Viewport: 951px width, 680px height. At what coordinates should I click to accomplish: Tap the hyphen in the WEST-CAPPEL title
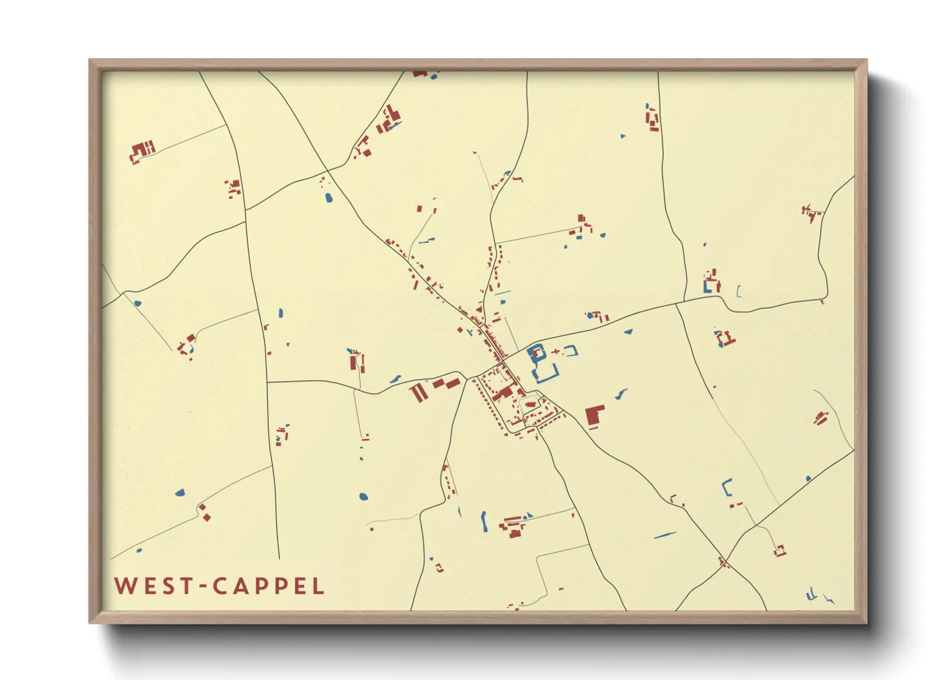tap(202, 586)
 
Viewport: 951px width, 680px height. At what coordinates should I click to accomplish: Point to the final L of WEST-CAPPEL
tap(318, 586)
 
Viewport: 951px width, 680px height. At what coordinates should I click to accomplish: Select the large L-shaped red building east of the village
tap(594, 416)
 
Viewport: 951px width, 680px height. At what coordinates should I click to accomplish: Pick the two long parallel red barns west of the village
tap(418, 392)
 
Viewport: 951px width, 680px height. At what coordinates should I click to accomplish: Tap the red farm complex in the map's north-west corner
tap(142, 152)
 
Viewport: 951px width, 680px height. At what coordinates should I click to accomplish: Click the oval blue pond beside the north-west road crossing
tap(329, 197)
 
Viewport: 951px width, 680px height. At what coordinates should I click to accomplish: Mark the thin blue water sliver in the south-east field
tap(664, 535)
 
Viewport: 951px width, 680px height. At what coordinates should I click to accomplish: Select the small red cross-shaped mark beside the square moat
tap(555, 351)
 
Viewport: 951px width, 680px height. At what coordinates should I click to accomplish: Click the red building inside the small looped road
tap(530, 404)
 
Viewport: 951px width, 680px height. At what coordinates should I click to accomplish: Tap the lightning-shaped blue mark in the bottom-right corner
tap(830, 600)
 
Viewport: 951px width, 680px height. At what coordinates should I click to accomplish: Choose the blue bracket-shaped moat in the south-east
tap(727, 487)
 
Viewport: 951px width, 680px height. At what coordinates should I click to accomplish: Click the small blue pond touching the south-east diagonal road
tap(808, 478)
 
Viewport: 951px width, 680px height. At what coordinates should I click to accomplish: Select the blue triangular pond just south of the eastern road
tap(628, 332)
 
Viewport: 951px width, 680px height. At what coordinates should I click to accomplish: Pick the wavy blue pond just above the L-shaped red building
tap(621, 393)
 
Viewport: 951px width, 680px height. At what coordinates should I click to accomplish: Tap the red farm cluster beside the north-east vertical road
tap(652, 119)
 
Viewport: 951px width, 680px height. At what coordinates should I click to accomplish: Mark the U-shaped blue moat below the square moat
tap(546, 375)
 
